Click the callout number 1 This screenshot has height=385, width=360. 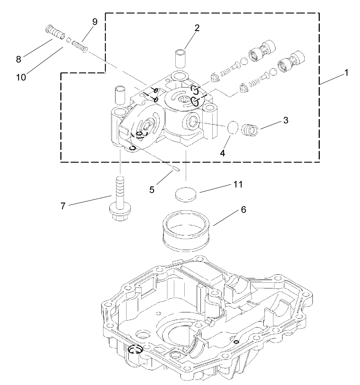coord(346,72)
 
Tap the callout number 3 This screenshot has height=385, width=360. coord(286,120)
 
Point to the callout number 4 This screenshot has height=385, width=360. coord(222,152)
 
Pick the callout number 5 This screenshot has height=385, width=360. coord(152,189)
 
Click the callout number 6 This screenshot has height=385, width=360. coord(243,210)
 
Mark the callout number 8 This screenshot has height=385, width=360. coord(18,59)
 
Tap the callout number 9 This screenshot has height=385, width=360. coord(94,22)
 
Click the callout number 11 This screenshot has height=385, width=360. coord(238,184)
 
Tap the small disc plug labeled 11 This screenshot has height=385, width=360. coord(186,195)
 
